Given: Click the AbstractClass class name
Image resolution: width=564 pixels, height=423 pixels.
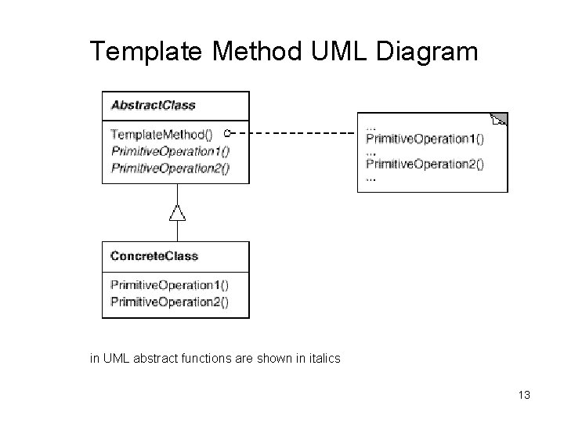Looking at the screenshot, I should coord(153,105).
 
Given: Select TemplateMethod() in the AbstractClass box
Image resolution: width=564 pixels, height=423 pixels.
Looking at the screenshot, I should coord(161,134).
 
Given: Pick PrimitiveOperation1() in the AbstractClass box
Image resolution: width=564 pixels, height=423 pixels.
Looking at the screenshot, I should coord(170,150).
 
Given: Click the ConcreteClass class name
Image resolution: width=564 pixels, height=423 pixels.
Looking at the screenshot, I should coord(154,256).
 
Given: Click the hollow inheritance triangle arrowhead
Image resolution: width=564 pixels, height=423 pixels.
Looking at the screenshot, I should coord(177,211).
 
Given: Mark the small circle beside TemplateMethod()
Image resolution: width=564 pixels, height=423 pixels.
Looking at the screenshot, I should coord(226,133).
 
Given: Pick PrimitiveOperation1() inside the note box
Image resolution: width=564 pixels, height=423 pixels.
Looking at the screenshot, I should coord(425,139).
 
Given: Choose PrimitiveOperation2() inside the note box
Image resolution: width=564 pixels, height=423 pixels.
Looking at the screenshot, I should coord(425,164).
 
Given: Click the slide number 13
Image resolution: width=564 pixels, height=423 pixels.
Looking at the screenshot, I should coord(524,395).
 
